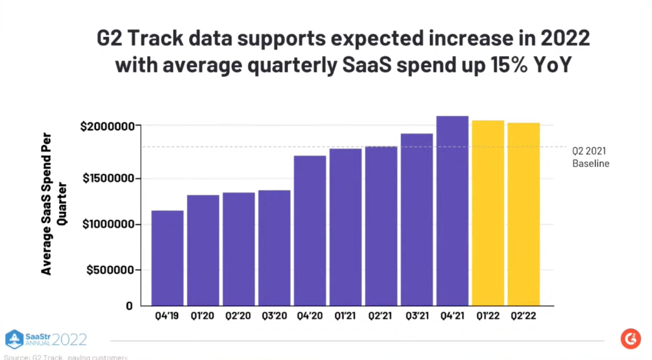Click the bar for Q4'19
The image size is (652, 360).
pos(167,258)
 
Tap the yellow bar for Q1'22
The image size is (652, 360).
pos(488,213)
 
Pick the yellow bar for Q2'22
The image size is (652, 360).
pos(523,214)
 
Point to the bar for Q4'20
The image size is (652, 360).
pos(310,230)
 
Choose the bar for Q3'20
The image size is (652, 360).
pos(274,248)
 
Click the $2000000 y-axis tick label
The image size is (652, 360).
pos(106,126)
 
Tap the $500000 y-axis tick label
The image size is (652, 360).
pos(109,270)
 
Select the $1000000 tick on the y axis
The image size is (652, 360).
pos(106,224)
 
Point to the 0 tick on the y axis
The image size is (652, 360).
pos(129,306)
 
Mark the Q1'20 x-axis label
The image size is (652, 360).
pos(203,316)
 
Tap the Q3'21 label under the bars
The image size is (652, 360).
pos(417,316)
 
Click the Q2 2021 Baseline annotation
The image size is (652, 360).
pos(590,157)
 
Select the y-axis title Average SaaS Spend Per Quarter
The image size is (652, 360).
pos(54,204)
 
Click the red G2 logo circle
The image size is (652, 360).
pos(630,339)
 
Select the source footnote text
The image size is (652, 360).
pos(65,357)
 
